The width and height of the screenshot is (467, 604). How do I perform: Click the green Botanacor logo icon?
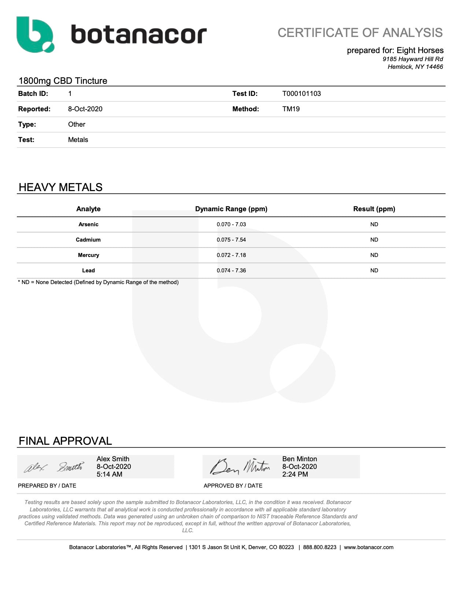35,34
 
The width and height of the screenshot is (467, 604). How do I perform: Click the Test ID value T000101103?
301,94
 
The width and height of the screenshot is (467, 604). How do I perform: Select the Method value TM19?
291,109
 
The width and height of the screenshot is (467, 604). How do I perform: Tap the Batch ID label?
33,94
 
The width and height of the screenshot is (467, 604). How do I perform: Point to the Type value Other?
77,124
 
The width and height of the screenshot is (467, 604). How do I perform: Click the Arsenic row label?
88,224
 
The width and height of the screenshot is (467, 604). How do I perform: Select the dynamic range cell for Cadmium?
231,240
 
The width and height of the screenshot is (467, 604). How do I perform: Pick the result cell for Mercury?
374,255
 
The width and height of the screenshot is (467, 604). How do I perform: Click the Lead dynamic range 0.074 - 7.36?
231,271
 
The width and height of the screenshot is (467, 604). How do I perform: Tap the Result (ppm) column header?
374,209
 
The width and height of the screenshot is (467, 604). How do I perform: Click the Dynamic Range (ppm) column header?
231,209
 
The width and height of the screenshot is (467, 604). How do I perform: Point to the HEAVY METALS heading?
60,187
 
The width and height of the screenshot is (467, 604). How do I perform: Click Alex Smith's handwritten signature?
53,467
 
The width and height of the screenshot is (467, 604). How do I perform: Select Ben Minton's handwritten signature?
240,467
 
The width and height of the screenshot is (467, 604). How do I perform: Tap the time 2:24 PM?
295,474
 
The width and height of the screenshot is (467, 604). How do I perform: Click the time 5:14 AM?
109,474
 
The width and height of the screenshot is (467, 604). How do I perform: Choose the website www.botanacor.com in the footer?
368,547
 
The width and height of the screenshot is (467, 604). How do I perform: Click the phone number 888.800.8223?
319,547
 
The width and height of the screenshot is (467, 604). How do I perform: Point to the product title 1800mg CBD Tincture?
63,81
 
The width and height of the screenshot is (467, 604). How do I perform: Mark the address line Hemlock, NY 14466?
415,67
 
